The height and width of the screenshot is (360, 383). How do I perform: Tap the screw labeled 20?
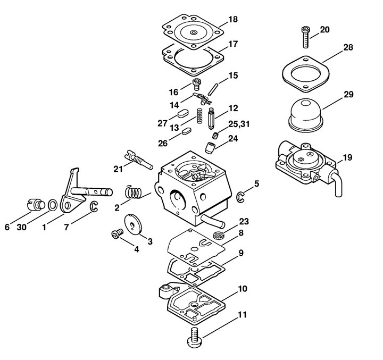click(x=305, y=37)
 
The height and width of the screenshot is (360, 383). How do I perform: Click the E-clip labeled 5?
click(x=240, y=197)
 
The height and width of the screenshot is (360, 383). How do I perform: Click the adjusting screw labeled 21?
click(x=139, y=161)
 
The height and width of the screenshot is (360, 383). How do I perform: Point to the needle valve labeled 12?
click(x=211, y=120)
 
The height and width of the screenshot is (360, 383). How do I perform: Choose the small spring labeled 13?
click(x=200, y=115)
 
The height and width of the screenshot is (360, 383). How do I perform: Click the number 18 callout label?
click(x=233, y=19)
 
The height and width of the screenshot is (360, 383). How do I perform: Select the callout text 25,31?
click(x=239, y=124)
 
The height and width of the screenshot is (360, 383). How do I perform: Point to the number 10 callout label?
click(x=243, y=289)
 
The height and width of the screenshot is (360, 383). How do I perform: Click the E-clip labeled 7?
click(x=94, y=207)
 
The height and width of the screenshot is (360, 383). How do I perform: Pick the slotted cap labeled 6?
click(x=35, y=204)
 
